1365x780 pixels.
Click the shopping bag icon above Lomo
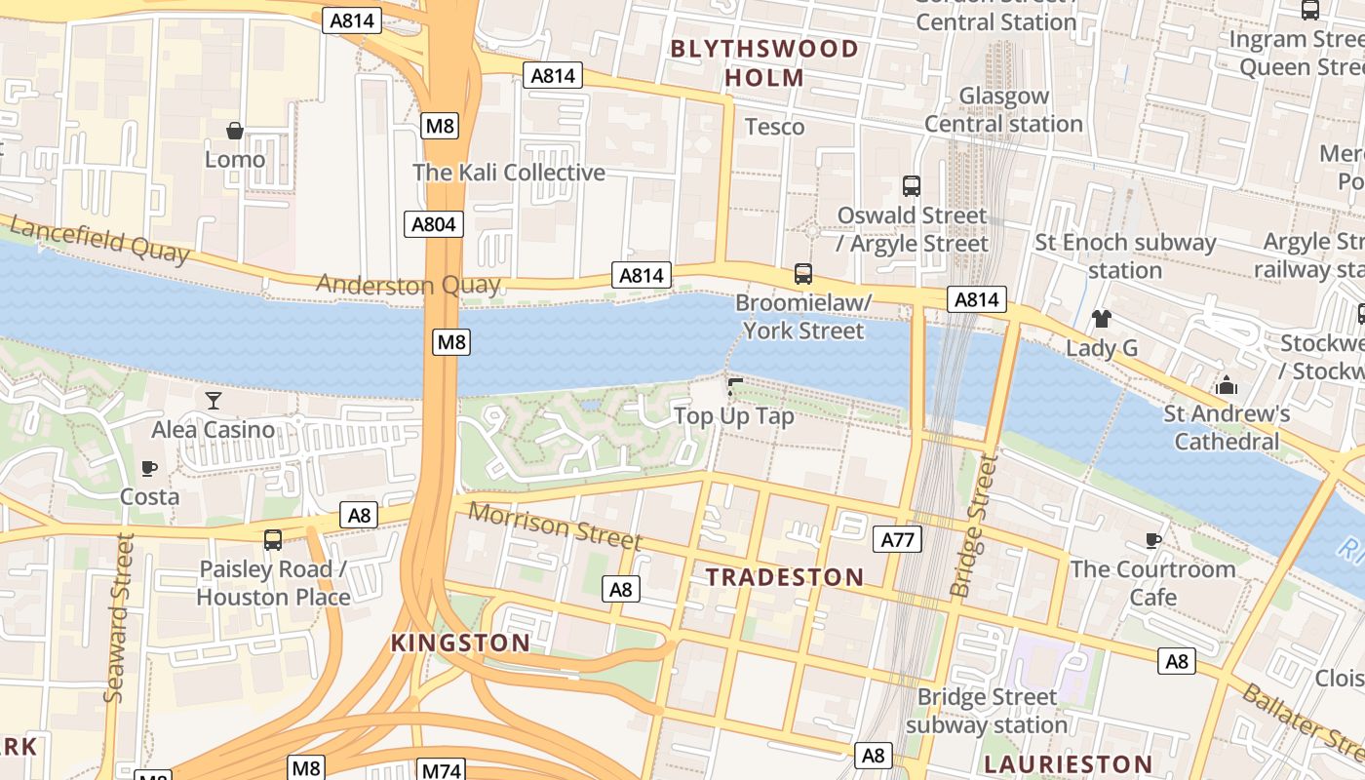click(235, 131)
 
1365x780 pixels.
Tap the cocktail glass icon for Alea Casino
click(214, 400)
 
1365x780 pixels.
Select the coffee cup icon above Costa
click(149, 468)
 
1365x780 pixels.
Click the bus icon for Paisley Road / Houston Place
click(273, 540)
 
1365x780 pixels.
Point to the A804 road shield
click(433, 224)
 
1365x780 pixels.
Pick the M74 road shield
click(441, 768)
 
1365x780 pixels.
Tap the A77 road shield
click(900, 539)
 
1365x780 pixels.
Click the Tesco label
click(774, 127)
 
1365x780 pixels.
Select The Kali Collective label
click(509, 173)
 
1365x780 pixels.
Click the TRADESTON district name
click(785, 577)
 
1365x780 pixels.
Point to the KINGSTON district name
click(460, 643)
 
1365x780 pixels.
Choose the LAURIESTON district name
click(1068, 764)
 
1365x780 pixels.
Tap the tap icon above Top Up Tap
click(735, 387)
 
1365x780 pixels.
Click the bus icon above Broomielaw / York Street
click(803, 274)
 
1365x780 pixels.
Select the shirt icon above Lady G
click(1102, 318)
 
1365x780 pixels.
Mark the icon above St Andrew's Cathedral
click(1227, 386)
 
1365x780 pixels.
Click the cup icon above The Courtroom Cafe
click(1153, 540)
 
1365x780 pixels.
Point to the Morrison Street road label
click(555, 526)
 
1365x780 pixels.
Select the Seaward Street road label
click(118, 617)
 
